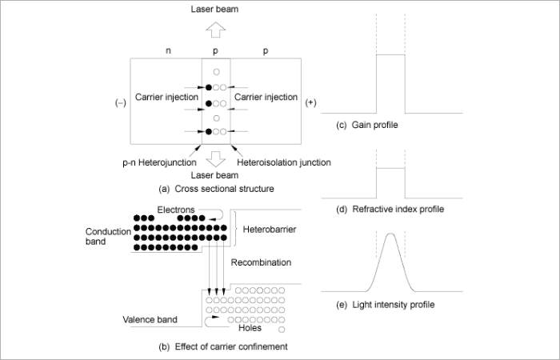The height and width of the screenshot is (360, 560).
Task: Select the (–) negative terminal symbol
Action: coord(120,103)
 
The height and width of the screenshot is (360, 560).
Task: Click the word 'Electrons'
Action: coord(176,210)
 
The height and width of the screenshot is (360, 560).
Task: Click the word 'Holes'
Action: coord(250,326)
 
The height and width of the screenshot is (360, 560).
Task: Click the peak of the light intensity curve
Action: coord(390,234)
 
